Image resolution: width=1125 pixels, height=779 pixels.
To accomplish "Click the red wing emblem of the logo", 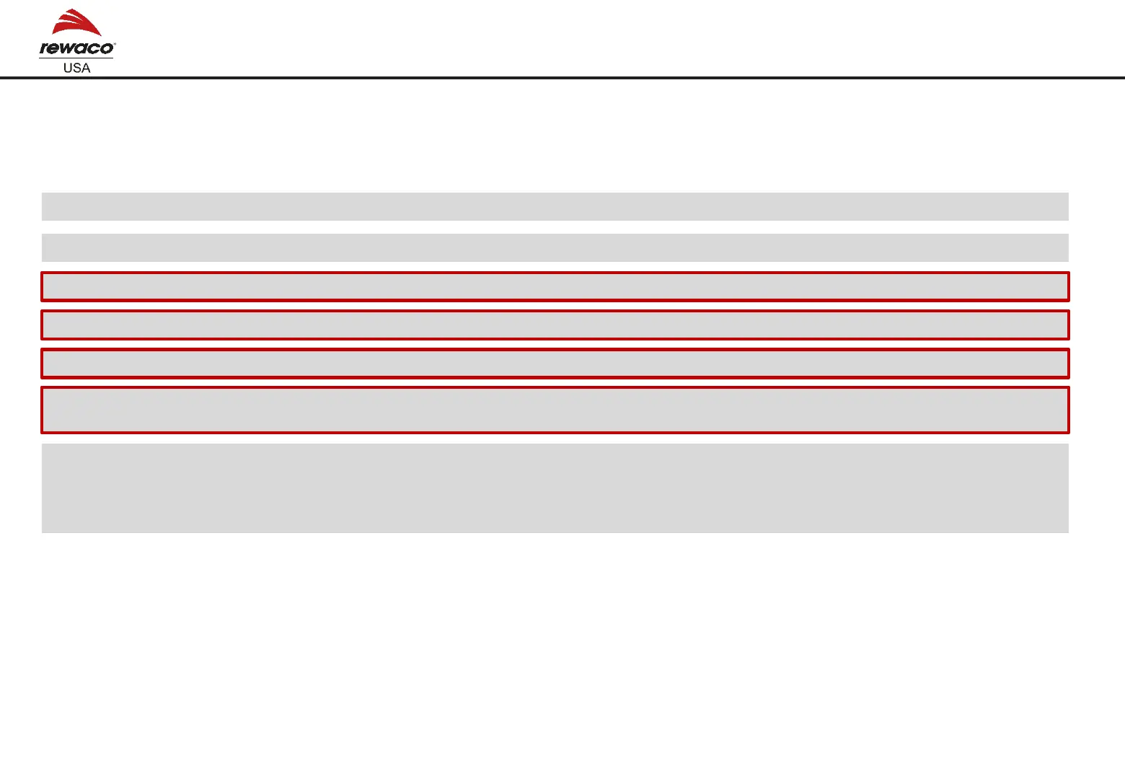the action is (77, 23).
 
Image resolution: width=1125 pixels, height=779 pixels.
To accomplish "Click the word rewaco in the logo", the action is (76, 48).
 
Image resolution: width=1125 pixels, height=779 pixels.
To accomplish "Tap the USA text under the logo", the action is (76, 68).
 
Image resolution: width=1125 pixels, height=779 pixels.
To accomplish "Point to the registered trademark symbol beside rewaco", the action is (114, 44).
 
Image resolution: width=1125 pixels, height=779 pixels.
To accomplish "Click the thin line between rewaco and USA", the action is (76, 58).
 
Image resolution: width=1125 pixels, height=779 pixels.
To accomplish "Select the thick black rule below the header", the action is (562, 77).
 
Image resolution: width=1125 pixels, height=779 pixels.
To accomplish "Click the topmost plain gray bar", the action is (555, 206).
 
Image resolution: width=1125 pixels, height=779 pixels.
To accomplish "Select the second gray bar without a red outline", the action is (555, 247).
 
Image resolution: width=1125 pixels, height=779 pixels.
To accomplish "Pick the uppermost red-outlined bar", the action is (555, 286).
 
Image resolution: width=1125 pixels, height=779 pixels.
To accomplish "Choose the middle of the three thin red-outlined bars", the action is (555, 325).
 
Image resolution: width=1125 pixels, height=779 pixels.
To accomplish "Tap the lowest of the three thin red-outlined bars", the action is (555, 363).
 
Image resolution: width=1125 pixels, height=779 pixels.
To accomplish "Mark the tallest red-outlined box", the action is (555, 410).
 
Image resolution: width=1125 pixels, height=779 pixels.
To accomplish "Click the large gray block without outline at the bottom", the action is (555, 488).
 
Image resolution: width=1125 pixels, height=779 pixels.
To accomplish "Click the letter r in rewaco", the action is (45, 49).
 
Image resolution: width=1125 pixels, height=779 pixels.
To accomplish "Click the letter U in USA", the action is (68, 68).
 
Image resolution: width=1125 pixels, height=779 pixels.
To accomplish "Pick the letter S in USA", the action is (76, 68).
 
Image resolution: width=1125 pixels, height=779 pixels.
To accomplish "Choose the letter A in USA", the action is (86, 68).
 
